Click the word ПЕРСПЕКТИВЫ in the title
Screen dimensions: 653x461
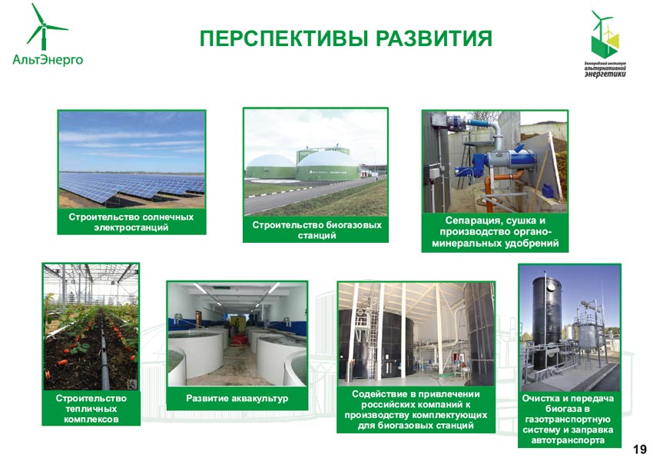284,38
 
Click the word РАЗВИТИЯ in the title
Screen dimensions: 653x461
434,38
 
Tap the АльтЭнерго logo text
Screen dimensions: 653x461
48,60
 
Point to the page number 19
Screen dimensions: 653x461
640,449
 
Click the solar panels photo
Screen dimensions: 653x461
131,160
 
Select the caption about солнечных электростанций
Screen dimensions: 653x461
131,222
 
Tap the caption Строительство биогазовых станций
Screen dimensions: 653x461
317,230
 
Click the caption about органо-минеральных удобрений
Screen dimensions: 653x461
496,232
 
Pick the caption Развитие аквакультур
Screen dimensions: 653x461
237,399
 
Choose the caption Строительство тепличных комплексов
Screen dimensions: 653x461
91,409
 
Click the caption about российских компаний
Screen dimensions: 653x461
416,410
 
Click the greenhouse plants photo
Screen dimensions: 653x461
91,327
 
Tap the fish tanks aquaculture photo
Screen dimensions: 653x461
237,334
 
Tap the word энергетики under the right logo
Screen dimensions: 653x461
605,73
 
